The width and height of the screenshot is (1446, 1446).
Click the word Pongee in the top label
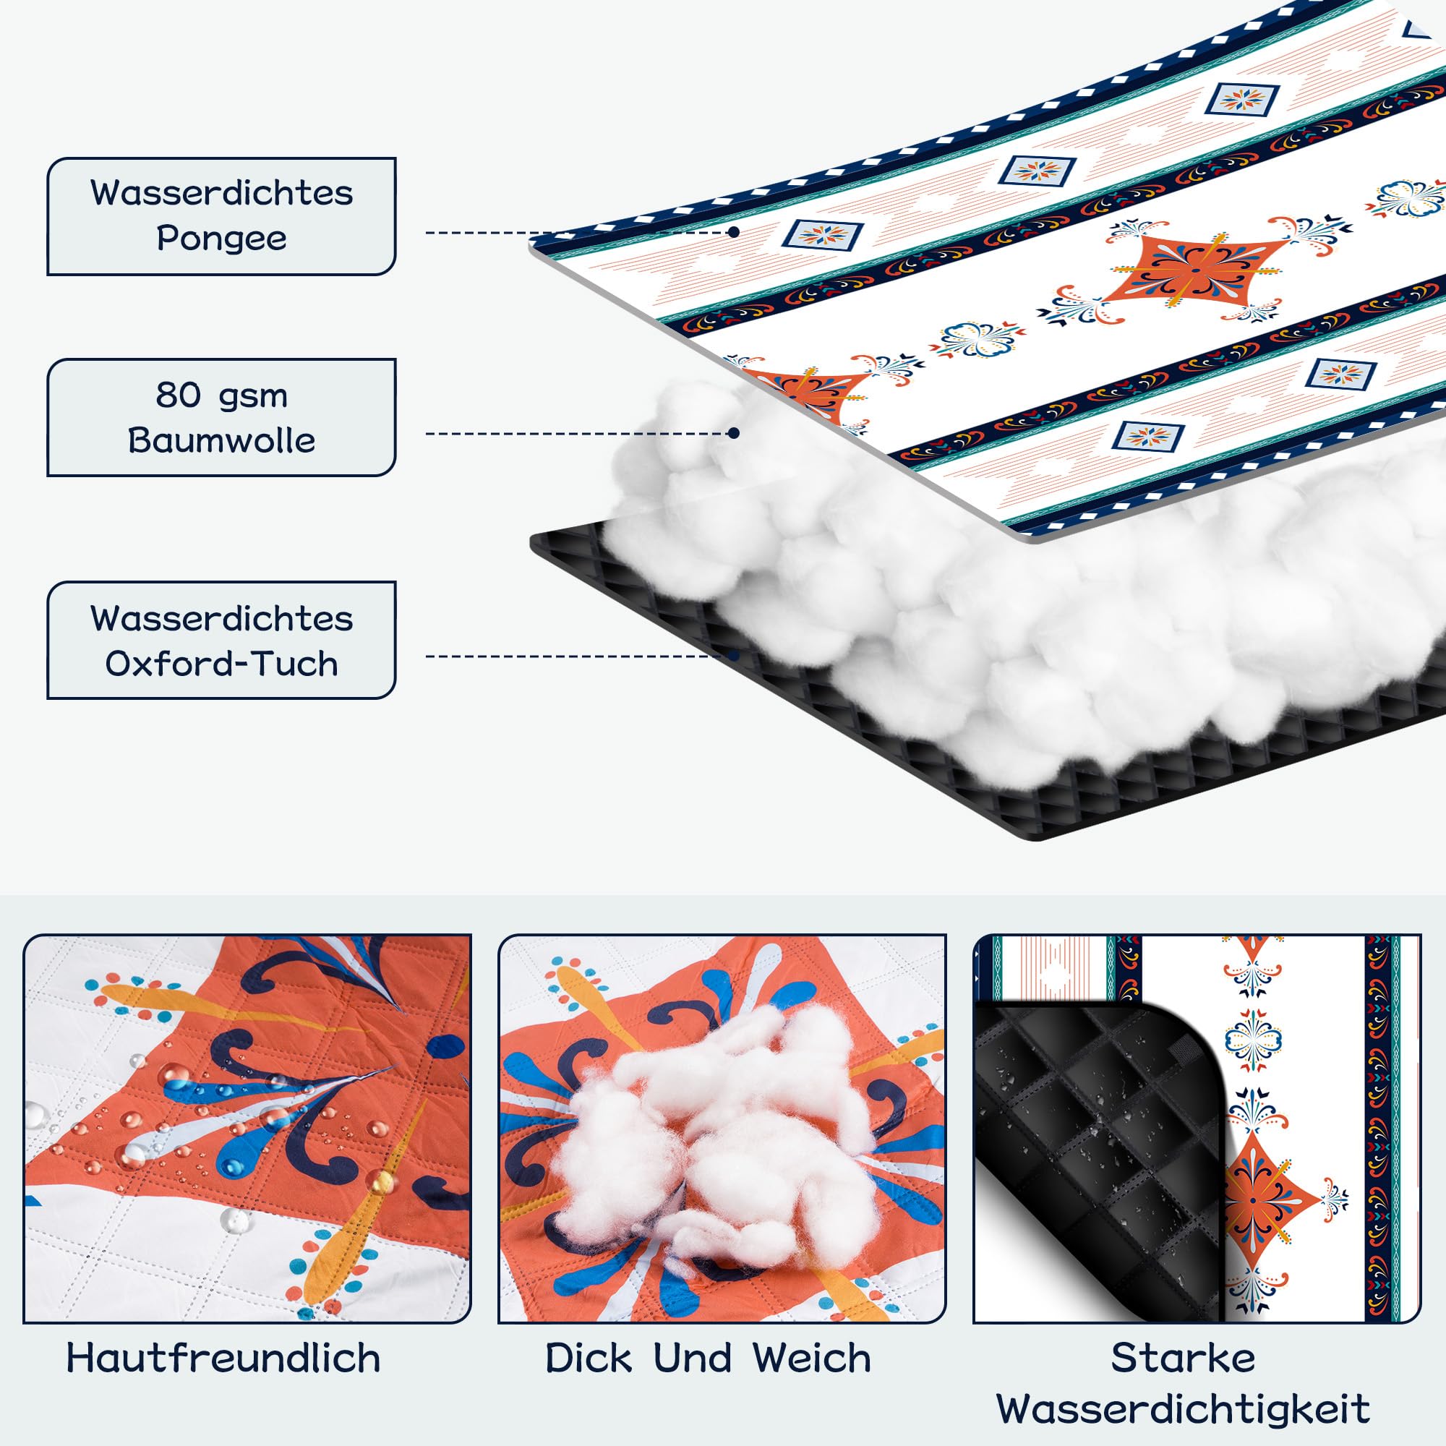[x=221, y=239]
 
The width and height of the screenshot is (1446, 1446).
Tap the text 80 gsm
[x=221, y=395]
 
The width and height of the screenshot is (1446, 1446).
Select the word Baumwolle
[x=221, y=440]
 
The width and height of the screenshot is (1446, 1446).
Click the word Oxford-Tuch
[x=221, y=664]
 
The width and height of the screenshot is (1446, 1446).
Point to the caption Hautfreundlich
[x=224, y=1358]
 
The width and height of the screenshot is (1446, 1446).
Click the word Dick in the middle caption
[x=589, y=1358]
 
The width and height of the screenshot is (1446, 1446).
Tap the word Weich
[x=812, y=1358]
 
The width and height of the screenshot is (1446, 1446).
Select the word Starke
[x=1184, y=1357]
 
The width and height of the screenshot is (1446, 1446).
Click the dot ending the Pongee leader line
[x=733, y=232]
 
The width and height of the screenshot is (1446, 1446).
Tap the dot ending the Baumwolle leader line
[x=733, y=432]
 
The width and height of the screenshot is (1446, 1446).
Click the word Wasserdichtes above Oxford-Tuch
[x=221, y=618]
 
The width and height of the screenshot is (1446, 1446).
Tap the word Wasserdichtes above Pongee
[x=221, y=193]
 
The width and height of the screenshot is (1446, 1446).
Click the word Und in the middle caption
[x=693, y=1358]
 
